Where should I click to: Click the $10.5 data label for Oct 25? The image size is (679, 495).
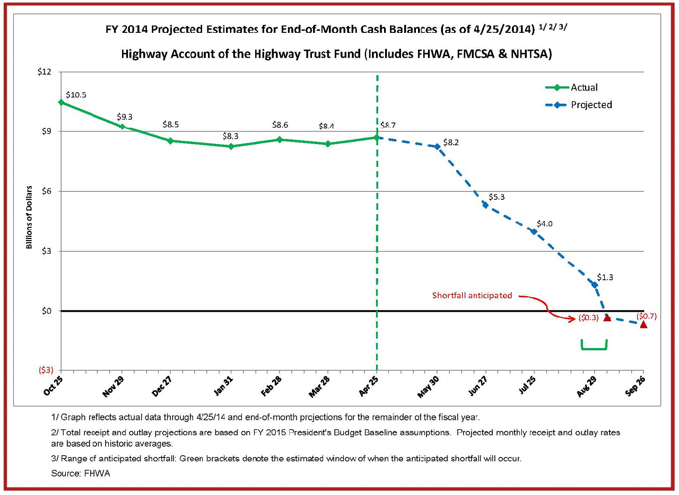pyautogui.click(x=76, y=95)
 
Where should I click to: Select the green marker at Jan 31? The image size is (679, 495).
pyautogui.click(x=231, y=146)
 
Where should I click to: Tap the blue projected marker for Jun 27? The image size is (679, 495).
pyautogui.click(x=485, y=205)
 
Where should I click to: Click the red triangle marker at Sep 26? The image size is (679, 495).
pyautogui.click(x=643, y=324)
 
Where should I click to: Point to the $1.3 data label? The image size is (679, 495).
pyautogui.click(x=605, y=277)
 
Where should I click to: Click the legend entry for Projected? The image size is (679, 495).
pyautogui.click(x=591, y=105)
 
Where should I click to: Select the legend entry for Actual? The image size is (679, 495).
pyautogui.click(x=584, y=87)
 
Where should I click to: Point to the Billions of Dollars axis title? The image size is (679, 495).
pyautogui.click(x=29, y=217)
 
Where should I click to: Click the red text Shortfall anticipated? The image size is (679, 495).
pyautogui.click(x=472, y=295)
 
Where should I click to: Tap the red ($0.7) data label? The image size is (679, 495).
pyautogui.click(x=646, y=316)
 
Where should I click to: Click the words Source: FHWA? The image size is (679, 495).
pyautogui.click(x=81, y=473)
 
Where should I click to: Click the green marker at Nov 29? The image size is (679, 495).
pyautogui.click(x=123, y=127)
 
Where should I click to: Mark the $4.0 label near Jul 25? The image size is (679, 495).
pyautogui.click(x=544, y=224)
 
